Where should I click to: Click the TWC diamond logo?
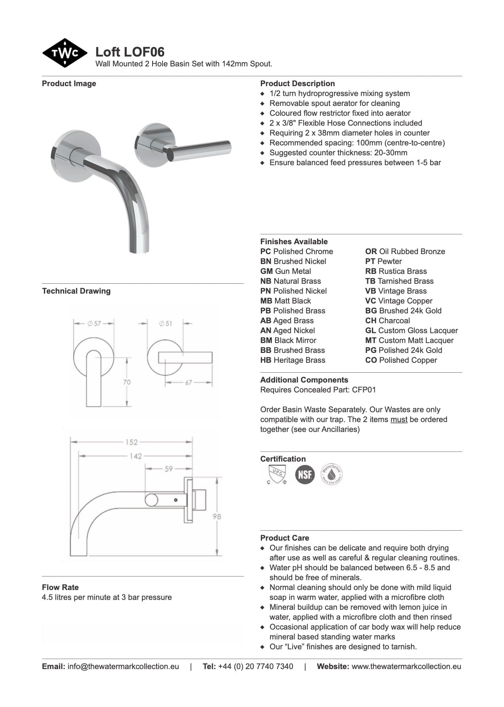tap(64, 53)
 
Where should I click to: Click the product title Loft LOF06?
tap(130, 52)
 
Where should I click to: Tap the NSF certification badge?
tap(305, 474)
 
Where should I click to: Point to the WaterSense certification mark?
tap(331, 474)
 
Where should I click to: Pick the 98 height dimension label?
tap(217, 516)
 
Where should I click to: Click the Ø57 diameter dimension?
tap(94, 323)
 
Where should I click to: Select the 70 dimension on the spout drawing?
tap(126, 382)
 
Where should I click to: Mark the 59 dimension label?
tap(168, 469)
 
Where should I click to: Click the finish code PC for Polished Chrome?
tap(266, 251)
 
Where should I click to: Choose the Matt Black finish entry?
tap(285, 301)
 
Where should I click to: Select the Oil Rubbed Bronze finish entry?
tap(405, 251)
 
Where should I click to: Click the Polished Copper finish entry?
tap(401, 360)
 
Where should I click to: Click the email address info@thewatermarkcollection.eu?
tap(123, 666)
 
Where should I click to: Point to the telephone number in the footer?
tap(255, 666)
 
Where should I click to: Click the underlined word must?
tap(398, 419)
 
